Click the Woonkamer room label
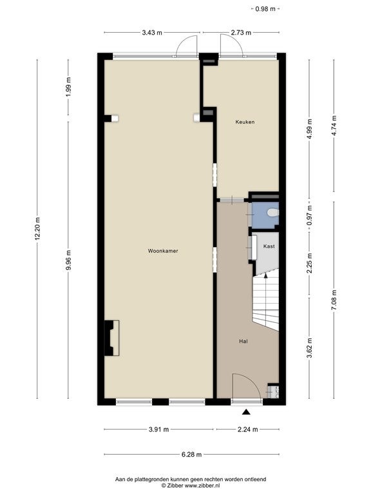pos(163,251)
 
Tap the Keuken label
pos(245,122)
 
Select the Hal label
pos(243,341)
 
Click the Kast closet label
pos(269,246)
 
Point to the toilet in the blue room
pos(273,213)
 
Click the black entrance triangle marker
pos(247,412)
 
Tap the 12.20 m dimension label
pos(37,229)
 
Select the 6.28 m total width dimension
pos(191,455)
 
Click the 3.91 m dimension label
pos(158,429)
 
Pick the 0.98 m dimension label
pos(265,9)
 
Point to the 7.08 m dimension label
pos(334,300)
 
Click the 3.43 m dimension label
pos(152,32)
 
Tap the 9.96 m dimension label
pos(68,261)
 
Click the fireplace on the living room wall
pos(111,338)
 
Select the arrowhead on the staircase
pos(265,275)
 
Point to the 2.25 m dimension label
pos(309,263)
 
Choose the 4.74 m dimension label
pos(334,125)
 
